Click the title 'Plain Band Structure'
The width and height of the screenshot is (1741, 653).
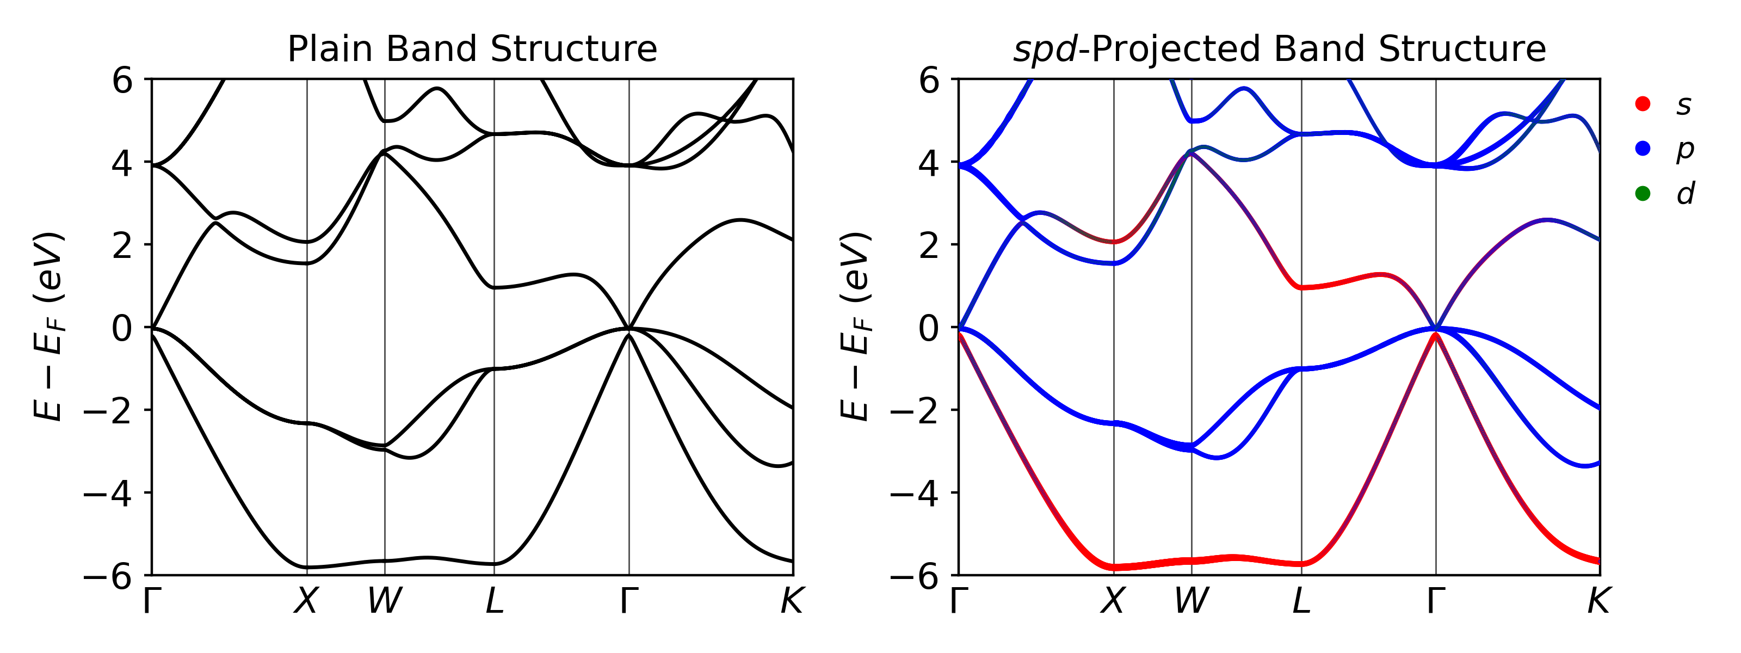tap(472, 50)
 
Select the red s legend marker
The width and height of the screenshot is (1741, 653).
tap(1643, 103)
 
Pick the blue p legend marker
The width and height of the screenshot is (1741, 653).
tap(1643, 149)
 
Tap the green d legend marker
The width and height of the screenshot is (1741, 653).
tap(1643, 194)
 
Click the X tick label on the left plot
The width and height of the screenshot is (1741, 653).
tap(306, 600)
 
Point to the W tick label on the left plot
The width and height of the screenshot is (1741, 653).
tap(385, 600)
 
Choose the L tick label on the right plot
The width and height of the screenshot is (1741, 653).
tap(1301, 600)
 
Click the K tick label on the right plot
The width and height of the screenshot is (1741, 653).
tap(1599, 600)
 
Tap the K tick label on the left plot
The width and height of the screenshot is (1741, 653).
tap(792, 600)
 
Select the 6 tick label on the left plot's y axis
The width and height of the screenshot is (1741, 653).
tap(122, 81)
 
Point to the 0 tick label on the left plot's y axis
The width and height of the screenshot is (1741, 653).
tap(122, 329)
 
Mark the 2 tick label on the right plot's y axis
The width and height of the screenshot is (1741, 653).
tap(929, 246)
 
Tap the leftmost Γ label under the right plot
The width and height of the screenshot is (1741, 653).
tap(958, 600)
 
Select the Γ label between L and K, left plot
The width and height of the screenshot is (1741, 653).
tap(629, 600)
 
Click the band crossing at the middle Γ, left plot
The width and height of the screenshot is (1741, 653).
tap(629, 329)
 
